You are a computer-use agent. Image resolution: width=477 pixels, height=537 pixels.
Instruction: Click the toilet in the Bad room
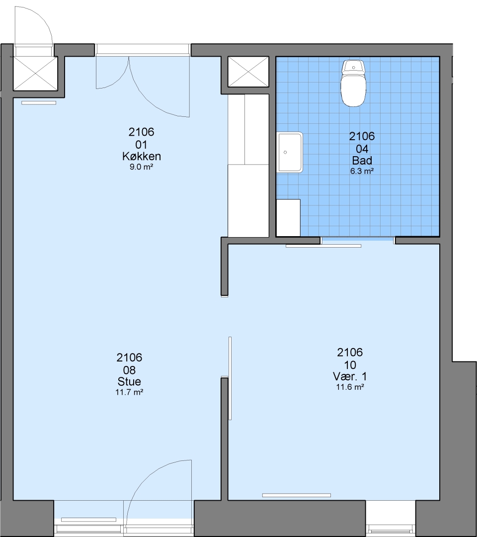[x=353, y=83]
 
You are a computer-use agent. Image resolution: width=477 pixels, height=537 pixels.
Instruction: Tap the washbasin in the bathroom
[x=290, y=152]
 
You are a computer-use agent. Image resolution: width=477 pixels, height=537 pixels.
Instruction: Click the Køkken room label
[x=141, y=156]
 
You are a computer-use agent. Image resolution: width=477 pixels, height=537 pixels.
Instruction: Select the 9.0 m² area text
[x=141, y=167]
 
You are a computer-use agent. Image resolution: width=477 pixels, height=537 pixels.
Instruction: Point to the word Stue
[x=129, y=381]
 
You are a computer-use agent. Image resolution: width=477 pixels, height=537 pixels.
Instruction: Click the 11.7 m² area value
[x=129, y=392]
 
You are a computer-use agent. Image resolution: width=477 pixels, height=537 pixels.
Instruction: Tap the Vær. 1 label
[x=350, y=376]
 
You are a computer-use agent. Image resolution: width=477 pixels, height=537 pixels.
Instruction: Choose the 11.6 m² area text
[x=350, y=387]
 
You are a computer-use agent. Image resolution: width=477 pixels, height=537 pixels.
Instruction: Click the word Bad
[x=362, y=160]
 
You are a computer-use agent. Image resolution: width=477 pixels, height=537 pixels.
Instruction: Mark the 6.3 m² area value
[x=362, y=171]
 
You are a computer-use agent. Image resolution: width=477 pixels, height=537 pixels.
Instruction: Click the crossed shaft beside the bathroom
[x=248, y=72]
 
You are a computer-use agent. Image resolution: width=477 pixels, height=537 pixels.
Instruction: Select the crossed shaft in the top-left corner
[x=35, y=73]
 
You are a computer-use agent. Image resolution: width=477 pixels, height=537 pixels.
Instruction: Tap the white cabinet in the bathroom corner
[x=288, y=218]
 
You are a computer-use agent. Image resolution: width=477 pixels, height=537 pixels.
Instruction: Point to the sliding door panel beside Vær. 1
[x=230, y=378]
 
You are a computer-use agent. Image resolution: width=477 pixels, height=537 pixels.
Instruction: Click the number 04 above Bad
[x=362, y=149]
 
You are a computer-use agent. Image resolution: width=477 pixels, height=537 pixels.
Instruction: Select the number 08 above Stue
[x=129, y=370]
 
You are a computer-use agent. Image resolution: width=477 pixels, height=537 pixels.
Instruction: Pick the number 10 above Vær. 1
[x=350, y=365]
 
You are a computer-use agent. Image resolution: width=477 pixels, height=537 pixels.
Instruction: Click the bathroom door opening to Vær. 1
[x=358, y=241]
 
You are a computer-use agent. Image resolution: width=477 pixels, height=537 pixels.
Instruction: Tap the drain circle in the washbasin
[x=285, y=153]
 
